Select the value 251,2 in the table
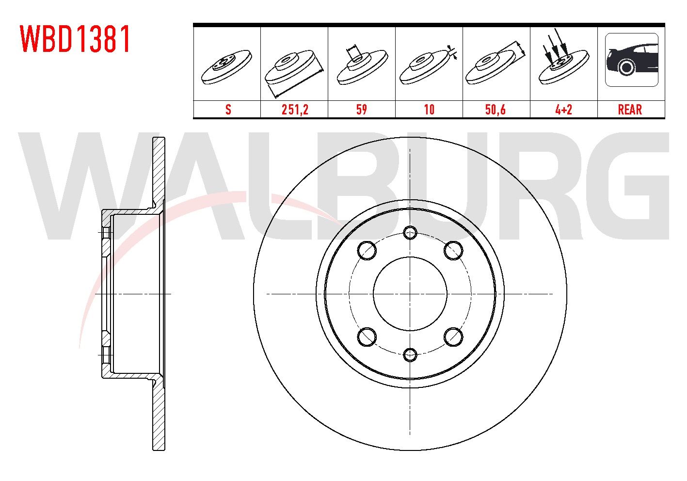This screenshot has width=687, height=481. [x=295, y=110]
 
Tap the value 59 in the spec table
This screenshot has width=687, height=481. [x=362, y=110]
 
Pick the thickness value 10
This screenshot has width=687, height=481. [x=429, y=110]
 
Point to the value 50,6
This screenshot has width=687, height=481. [x=495, y=110]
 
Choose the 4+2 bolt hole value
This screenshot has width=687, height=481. [x=563, y=110]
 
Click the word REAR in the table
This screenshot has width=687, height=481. [x=630, y=110]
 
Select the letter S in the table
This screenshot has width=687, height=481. [x=228, y=110]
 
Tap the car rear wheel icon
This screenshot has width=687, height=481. [x=631, y=60]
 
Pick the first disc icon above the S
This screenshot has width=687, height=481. [x=227, y=65]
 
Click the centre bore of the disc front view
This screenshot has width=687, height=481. [x=410, y=294]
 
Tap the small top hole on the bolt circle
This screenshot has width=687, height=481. [x=410, y=233]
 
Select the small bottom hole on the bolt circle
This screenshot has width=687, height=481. [x=410, y=354]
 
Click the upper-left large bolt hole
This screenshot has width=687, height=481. [x=367, y=250]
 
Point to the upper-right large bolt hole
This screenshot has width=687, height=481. [x=453, y=250]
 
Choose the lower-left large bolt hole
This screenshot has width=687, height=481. [x=367, y=337]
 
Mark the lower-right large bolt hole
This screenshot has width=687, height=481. [x=453, y=337]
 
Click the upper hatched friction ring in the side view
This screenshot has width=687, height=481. [x=159, y=170]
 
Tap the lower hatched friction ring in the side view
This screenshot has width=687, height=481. [x=159, y=417]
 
